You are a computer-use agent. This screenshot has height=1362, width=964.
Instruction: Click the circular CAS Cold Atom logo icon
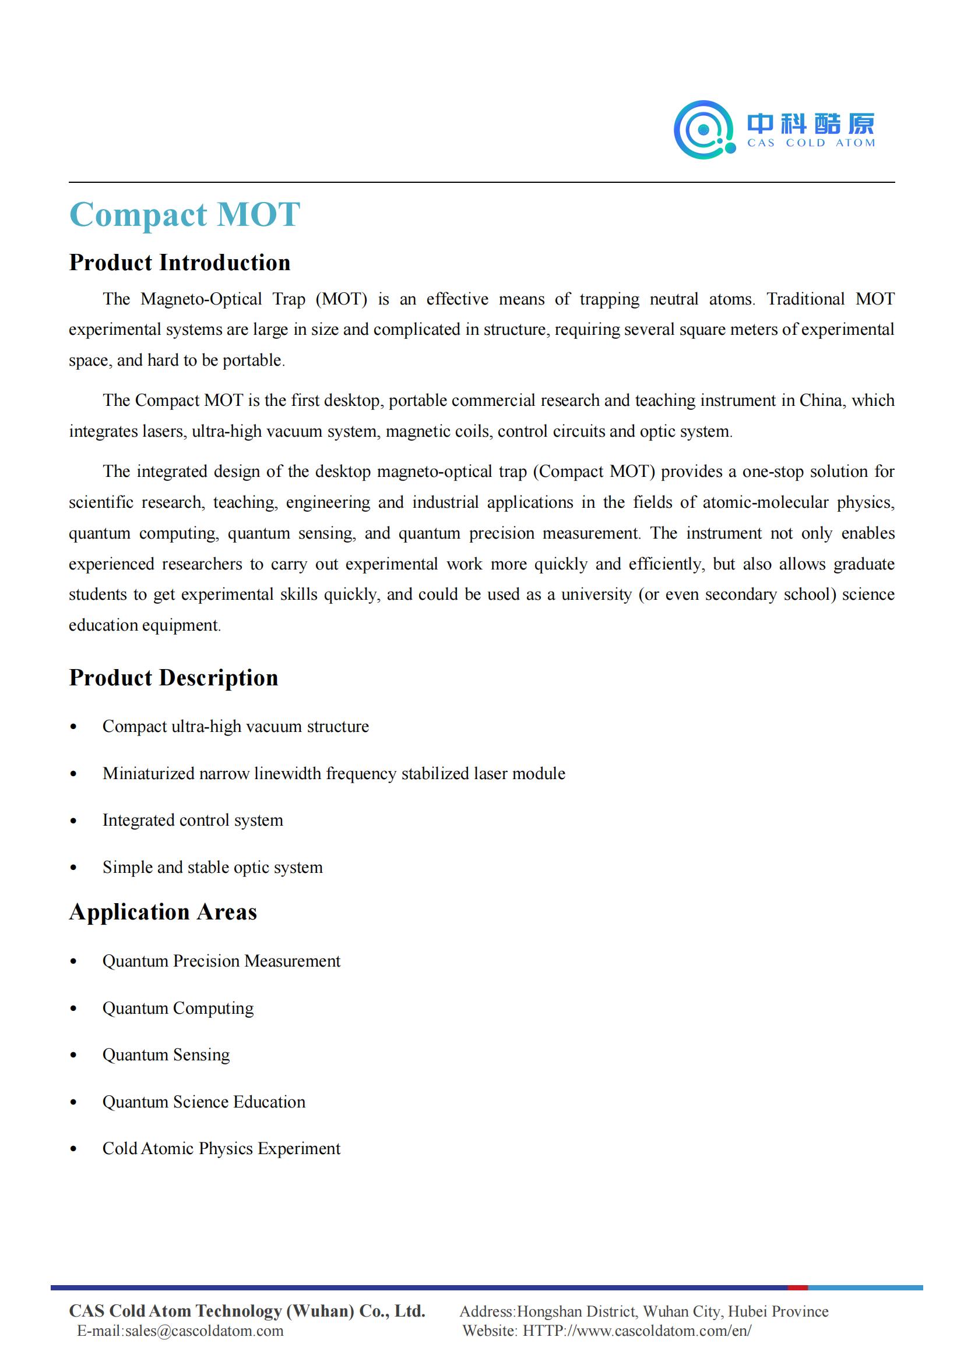coord(704,129)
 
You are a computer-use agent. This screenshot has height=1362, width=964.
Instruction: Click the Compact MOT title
coord(185,214)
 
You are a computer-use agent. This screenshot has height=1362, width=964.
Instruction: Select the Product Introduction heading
coord(180,263)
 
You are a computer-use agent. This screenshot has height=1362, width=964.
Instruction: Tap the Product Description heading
coord(173,677)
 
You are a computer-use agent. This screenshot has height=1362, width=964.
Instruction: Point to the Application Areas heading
coord(163,912)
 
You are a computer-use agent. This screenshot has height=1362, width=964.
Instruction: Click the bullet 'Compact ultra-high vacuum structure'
coord(235,727)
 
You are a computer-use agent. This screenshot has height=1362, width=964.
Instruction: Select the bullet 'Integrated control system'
coord(192,820)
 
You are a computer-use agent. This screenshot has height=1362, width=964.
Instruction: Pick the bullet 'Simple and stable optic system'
coord(213,867)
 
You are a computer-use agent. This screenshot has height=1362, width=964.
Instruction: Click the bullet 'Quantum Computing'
coord(178,1009)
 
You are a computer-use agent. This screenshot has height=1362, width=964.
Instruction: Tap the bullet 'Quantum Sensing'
coord(166,1055)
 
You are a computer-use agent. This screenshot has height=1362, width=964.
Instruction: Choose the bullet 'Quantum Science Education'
coord(203,1102)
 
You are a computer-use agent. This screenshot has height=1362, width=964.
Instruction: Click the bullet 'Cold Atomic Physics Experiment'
coord(221,1148)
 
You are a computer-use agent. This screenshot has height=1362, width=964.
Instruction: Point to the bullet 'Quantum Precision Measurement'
coord(221,961)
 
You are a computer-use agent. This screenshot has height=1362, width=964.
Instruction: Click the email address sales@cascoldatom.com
coord(204,1331)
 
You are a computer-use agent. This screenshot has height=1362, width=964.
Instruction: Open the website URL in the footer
coord(636,1331)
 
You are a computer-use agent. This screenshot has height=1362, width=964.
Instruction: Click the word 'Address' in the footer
coord(486,1311)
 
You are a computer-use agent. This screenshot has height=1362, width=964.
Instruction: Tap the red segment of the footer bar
coord(797,1288)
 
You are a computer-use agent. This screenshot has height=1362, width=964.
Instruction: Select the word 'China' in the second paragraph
coord(822,401)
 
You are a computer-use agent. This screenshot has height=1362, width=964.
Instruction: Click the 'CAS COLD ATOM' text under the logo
coord(810,143)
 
